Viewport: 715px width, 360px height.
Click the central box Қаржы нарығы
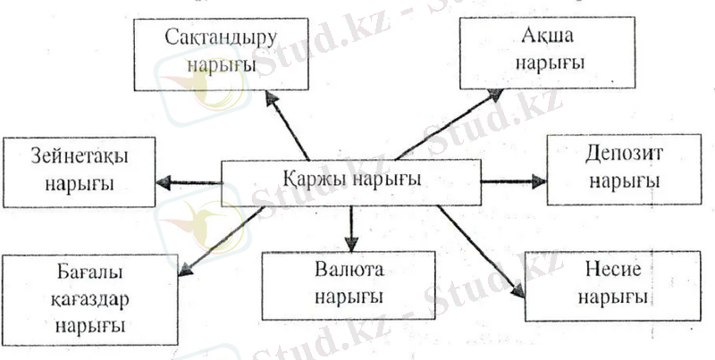click(350, 182)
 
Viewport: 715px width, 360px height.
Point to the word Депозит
click(623, 155)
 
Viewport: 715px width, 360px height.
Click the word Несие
click(612, 270)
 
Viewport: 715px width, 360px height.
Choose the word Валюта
click(349, 270)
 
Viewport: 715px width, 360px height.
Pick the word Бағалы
click(90, 272)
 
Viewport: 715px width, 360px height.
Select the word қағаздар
click(90, 300)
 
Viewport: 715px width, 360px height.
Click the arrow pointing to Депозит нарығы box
click(513, 182)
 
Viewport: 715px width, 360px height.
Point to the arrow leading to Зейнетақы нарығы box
click(189, 183)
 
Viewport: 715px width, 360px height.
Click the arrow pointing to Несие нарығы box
click(481, 252)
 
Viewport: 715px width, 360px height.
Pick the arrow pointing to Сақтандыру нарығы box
click(287, 125)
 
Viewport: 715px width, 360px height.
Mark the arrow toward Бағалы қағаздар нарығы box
click(221, 241)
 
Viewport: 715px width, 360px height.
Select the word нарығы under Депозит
click(625, 182)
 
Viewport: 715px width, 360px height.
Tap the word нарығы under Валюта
click(349, 297)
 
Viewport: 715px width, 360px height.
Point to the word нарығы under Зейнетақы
click(80, 185)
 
